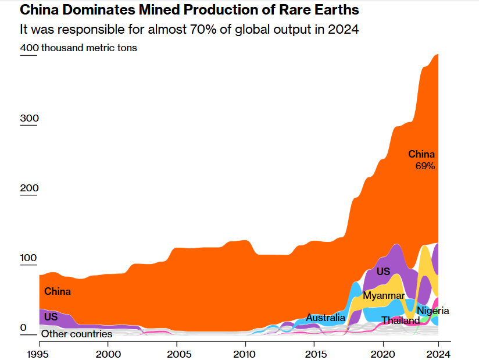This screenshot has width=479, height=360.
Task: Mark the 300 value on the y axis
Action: pyautogui.click(x=29, y=119)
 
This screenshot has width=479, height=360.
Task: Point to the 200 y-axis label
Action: pyautogui.click(x=29, y=188)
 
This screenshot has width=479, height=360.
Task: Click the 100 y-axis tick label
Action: pyautogui.click(x=29, y=258)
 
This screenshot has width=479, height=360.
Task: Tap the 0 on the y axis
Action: pyautogui.click(x=24, y=328)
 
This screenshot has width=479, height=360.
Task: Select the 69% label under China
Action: pyautogui.click(x=425, y=166)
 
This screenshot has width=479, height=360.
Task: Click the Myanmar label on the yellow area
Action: pyautogui.click(x=383, y=295)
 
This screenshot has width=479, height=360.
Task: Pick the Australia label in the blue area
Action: pyautogui.click(x=326, y=318)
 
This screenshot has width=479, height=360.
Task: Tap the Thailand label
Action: pyautogui.click(x=401, y=320)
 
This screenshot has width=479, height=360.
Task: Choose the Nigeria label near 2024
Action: pyautogui.click(x=433, y=311)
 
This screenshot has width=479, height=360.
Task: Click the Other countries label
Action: pyautogui.click(x=76, y=334)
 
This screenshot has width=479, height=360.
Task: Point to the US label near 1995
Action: pyautogui.click(x=51, y=317)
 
